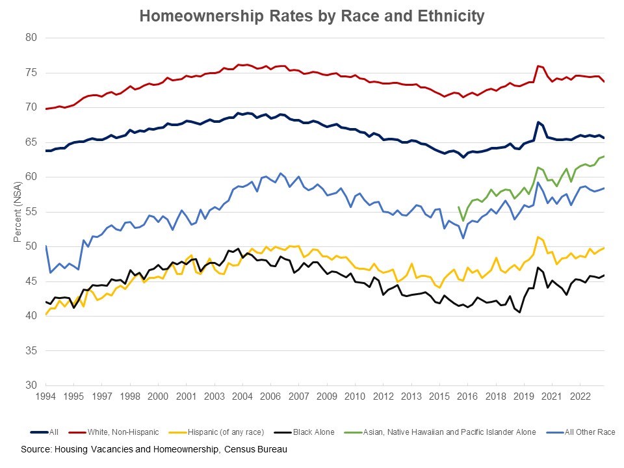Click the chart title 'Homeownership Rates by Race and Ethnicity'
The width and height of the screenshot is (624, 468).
point(312,16)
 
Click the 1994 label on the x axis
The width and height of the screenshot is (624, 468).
point(45,396)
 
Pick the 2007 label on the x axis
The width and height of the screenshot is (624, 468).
point(298,396)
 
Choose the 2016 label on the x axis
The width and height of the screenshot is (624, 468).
point(467,396)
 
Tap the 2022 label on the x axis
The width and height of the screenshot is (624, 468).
point(580,396)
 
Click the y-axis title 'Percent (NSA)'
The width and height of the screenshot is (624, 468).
point(18,212)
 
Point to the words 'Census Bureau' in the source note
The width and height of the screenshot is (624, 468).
point(255,449)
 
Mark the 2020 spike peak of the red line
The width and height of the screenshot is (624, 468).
point(538,66)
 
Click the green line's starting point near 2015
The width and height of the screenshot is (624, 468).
point(459,207)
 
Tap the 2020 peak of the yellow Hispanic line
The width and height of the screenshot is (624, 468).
point(537,237)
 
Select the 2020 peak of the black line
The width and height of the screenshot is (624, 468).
point(538,267)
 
